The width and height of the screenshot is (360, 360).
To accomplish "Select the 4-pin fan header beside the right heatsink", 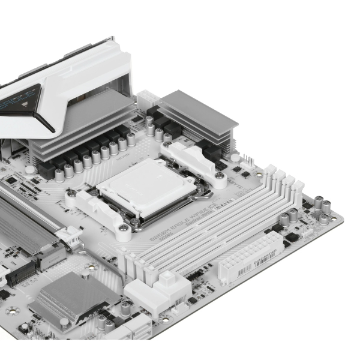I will click(246, 160).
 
